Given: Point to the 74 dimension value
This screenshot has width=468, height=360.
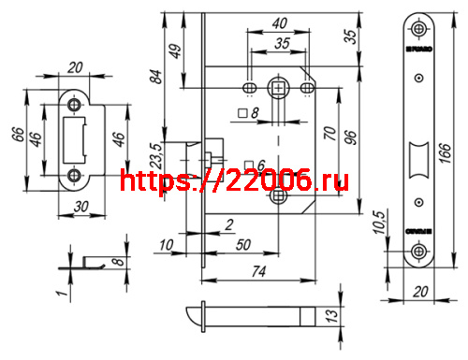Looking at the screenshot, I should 259,272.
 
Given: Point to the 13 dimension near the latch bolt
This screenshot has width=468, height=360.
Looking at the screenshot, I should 329,317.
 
